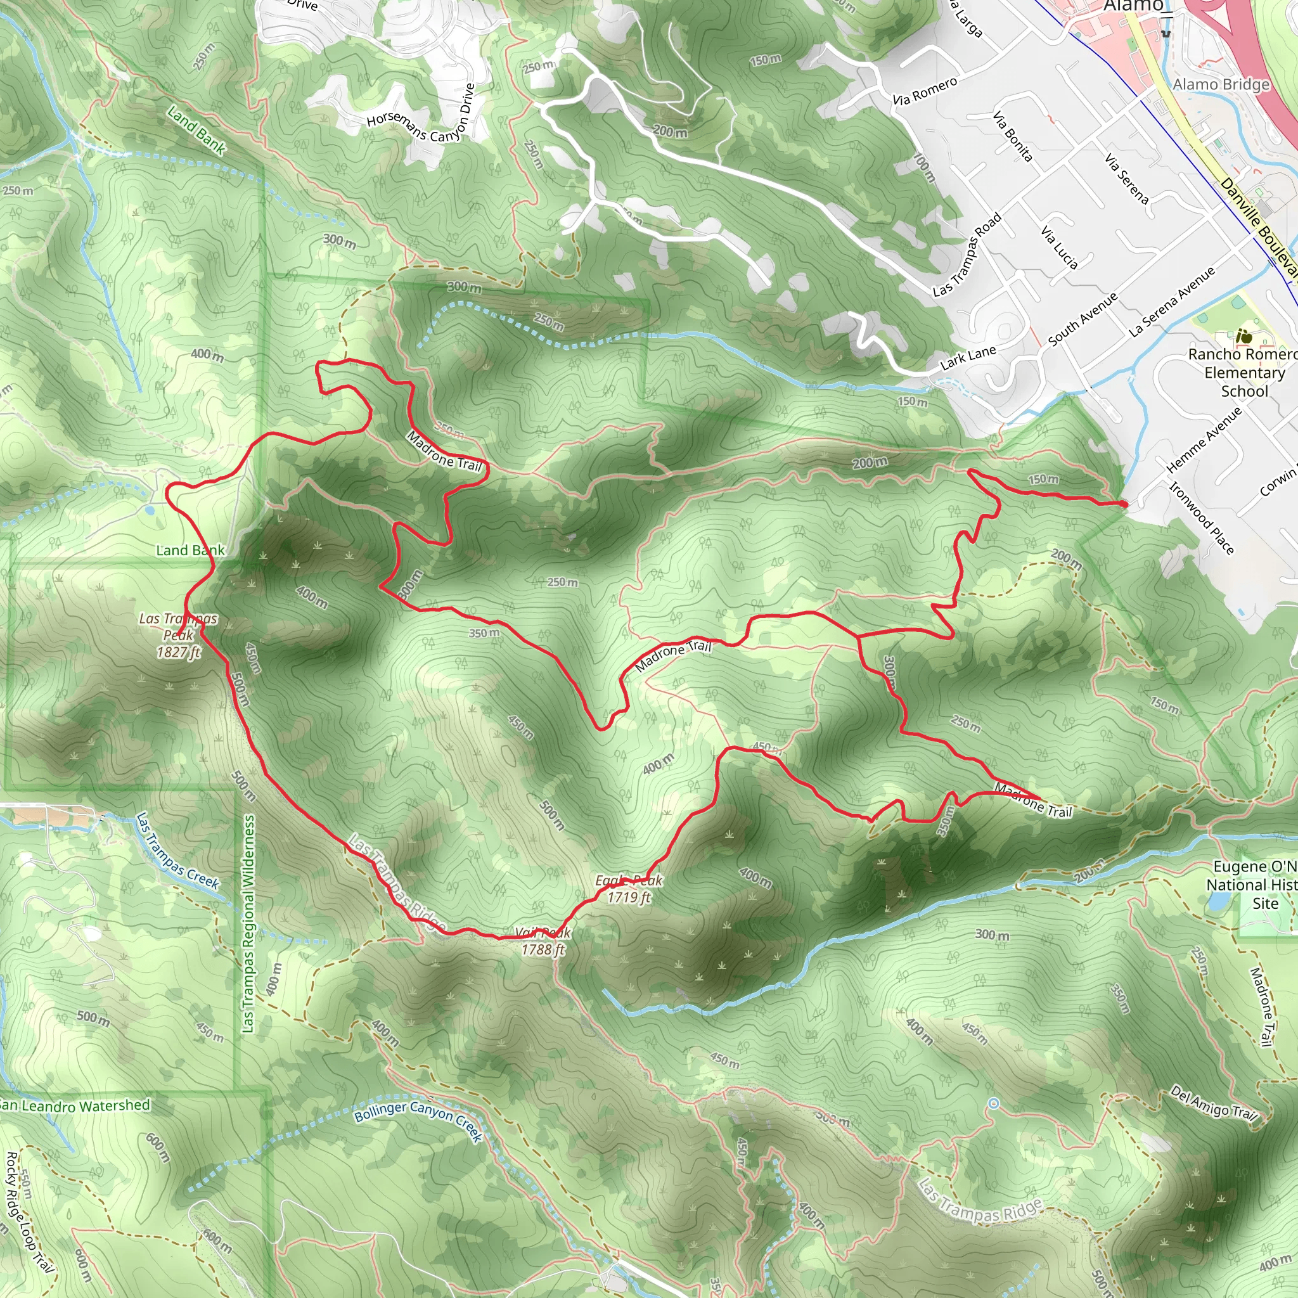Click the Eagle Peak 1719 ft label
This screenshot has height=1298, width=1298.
[x=628, y=889]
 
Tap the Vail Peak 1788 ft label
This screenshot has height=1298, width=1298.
[x=543, y=941]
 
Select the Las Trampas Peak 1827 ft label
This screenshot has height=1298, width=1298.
[x=178, y=635]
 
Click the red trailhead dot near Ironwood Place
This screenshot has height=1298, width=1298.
[x=1124, y=504]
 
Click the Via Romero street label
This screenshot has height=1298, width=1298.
[x=925, y=91]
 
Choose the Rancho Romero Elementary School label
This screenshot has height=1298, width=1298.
[x=1243, y=372]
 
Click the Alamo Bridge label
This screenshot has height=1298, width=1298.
[x=1221, y=85]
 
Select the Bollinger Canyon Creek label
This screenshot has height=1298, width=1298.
[x=418, y=1120]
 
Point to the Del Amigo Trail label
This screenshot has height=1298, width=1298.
[x=1212, y=1103]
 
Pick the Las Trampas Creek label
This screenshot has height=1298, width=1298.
[x=177, y=851]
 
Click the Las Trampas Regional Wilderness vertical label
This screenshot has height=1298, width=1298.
[x=248, y=924]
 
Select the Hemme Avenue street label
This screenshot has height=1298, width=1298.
[x=1204, y=440]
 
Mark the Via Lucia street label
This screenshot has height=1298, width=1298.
[x=1059, y=248]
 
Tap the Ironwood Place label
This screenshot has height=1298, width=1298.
[x=1202, y=518]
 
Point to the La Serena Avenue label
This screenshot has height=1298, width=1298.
[x=1172, y=302]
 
